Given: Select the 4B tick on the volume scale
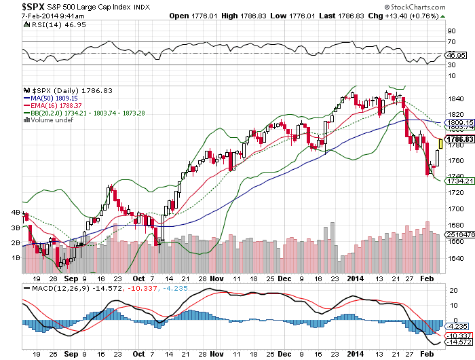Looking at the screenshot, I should pyautogui.click(x=15, y=213).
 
